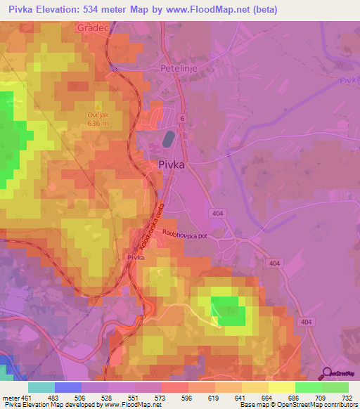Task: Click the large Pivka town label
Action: pyautogui.click(x=169, y=165)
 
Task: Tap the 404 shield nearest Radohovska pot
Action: pyautogui.click(x=217, y=212)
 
